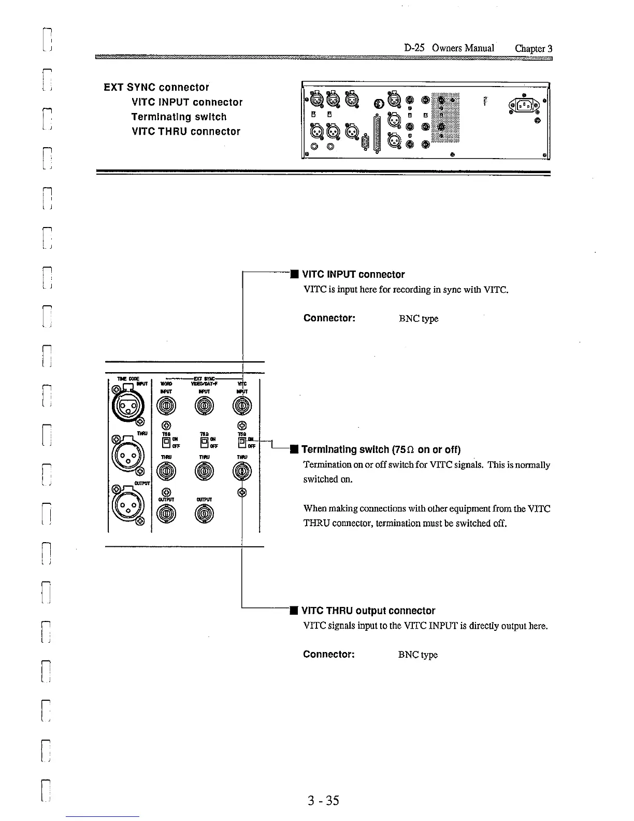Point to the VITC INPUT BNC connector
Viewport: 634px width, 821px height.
242,406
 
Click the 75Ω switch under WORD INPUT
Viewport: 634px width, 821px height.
166,442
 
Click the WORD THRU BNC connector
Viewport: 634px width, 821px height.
165,471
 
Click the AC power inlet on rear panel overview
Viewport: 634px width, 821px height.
523,107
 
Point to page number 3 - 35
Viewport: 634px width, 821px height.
322,800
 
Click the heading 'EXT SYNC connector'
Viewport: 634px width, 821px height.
156,87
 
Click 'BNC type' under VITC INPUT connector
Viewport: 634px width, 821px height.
419,318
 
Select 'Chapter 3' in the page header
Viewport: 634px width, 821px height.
534,48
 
